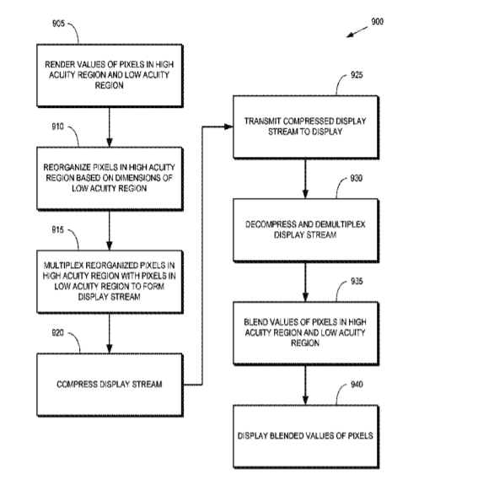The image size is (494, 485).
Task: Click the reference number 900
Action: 377,21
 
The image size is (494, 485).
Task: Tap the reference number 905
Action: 58,24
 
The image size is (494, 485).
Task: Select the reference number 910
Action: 57,127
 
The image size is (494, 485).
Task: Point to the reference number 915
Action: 57,230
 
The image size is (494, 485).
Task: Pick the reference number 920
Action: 57,333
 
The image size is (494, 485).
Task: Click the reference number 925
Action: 357,75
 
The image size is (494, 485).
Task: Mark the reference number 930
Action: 357,178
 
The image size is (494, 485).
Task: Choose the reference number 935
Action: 357,281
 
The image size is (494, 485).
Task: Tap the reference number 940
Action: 357,385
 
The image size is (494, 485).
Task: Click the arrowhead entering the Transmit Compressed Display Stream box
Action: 228,127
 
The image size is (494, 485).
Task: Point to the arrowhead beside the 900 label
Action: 350,35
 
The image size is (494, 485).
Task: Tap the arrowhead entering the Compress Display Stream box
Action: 110,349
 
